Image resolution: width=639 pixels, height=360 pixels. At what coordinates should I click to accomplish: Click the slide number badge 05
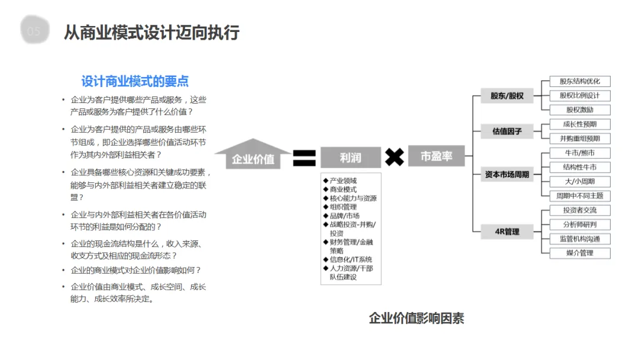point(34,31)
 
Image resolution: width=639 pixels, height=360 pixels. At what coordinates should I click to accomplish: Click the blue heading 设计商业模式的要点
point(135,81)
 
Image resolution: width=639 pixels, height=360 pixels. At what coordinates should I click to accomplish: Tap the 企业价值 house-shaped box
point(253,157)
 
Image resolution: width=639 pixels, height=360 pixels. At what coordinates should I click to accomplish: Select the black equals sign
point(304,157)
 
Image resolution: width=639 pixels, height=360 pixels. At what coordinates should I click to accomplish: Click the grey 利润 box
point(350,157)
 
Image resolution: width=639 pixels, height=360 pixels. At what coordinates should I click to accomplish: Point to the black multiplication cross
point(395,157)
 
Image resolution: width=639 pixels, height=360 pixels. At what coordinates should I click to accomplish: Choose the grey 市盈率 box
point(436,156)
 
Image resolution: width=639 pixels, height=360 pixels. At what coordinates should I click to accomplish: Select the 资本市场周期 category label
point(507,174)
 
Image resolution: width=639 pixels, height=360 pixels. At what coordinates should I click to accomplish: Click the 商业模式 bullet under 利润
point(343,189)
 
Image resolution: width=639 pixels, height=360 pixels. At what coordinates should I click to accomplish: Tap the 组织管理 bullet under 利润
point(343,207)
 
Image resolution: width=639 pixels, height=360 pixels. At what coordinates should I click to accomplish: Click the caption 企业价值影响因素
point(417,319)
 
